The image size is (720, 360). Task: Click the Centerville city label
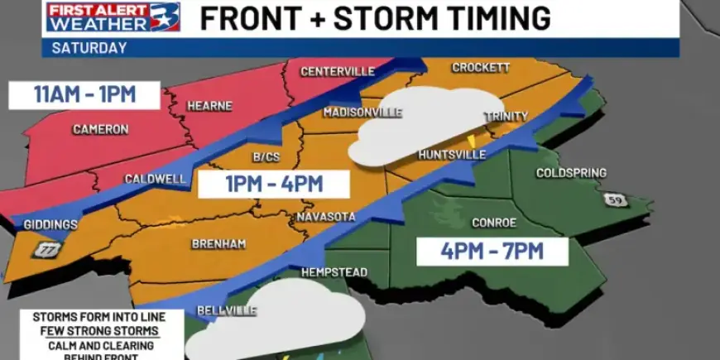point(337,71)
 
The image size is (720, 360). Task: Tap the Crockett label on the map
point(481,68)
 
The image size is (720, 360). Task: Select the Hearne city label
point(209,106)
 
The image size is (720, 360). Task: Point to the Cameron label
point(100,129)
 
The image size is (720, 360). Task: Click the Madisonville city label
point(362,112)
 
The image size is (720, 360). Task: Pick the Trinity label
point(505,117)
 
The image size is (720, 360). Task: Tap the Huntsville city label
point(452,155)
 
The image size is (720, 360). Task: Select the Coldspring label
point(571,173)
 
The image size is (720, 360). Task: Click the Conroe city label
point(494,223)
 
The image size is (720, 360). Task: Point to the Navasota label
point(325,217)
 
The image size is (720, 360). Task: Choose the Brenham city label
point(218,244)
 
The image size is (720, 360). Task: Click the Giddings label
point(50,224)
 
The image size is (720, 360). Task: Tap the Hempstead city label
point(334,271)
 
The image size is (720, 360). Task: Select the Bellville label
point(226,310)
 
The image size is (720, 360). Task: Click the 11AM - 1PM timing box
point(85,94)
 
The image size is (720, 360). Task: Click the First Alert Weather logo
point(113,18)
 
